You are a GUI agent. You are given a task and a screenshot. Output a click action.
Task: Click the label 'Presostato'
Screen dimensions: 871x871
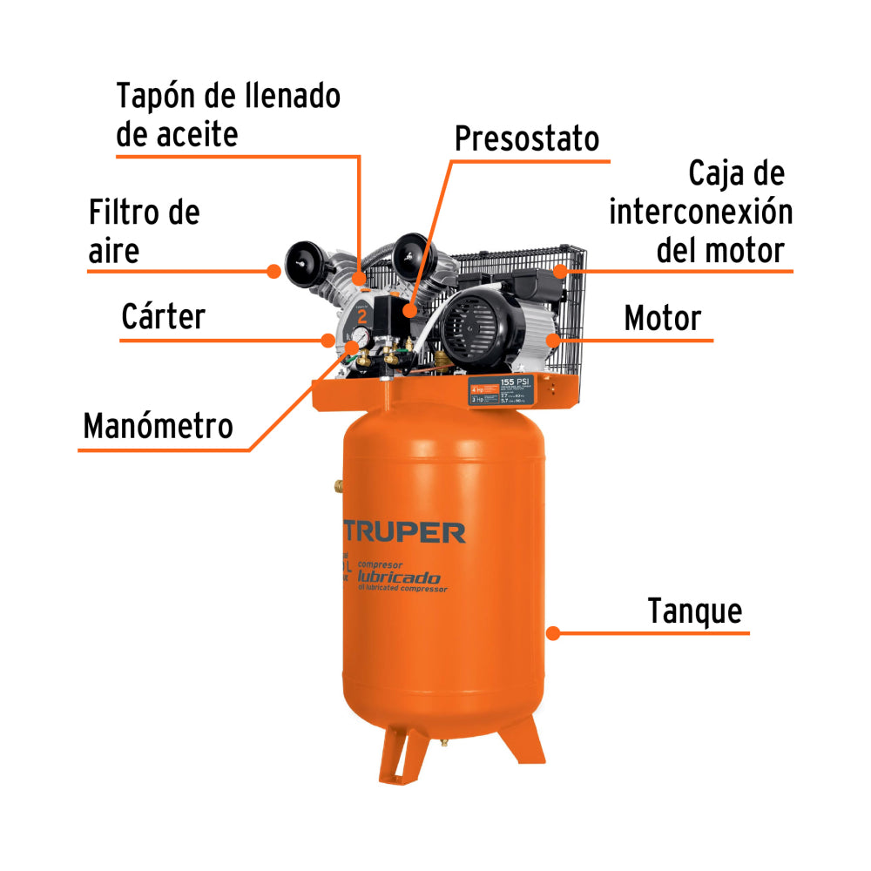point(527,138)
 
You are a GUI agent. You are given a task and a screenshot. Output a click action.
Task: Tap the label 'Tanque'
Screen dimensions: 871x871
point(695,611)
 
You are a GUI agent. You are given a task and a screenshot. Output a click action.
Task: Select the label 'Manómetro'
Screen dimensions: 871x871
point(158,427)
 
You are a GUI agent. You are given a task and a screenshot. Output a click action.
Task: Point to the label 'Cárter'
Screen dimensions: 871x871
point(163,317)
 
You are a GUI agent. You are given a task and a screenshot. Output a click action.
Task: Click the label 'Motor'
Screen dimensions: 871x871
point(662,319)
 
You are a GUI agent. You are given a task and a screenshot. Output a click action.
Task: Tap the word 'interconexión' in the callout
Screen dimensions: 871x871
point(700,213)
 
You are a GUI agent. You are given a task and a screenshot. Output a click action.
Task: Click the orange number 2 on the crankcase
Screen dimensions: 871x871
point(361,315)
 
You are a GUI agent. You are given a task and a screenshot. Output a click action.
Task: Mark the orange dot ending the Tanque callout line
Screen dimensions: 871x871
point(551,632)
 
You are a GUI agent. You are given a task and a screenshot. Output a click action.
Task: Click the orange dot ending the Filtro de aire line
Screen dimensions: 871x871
point(273,271)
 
